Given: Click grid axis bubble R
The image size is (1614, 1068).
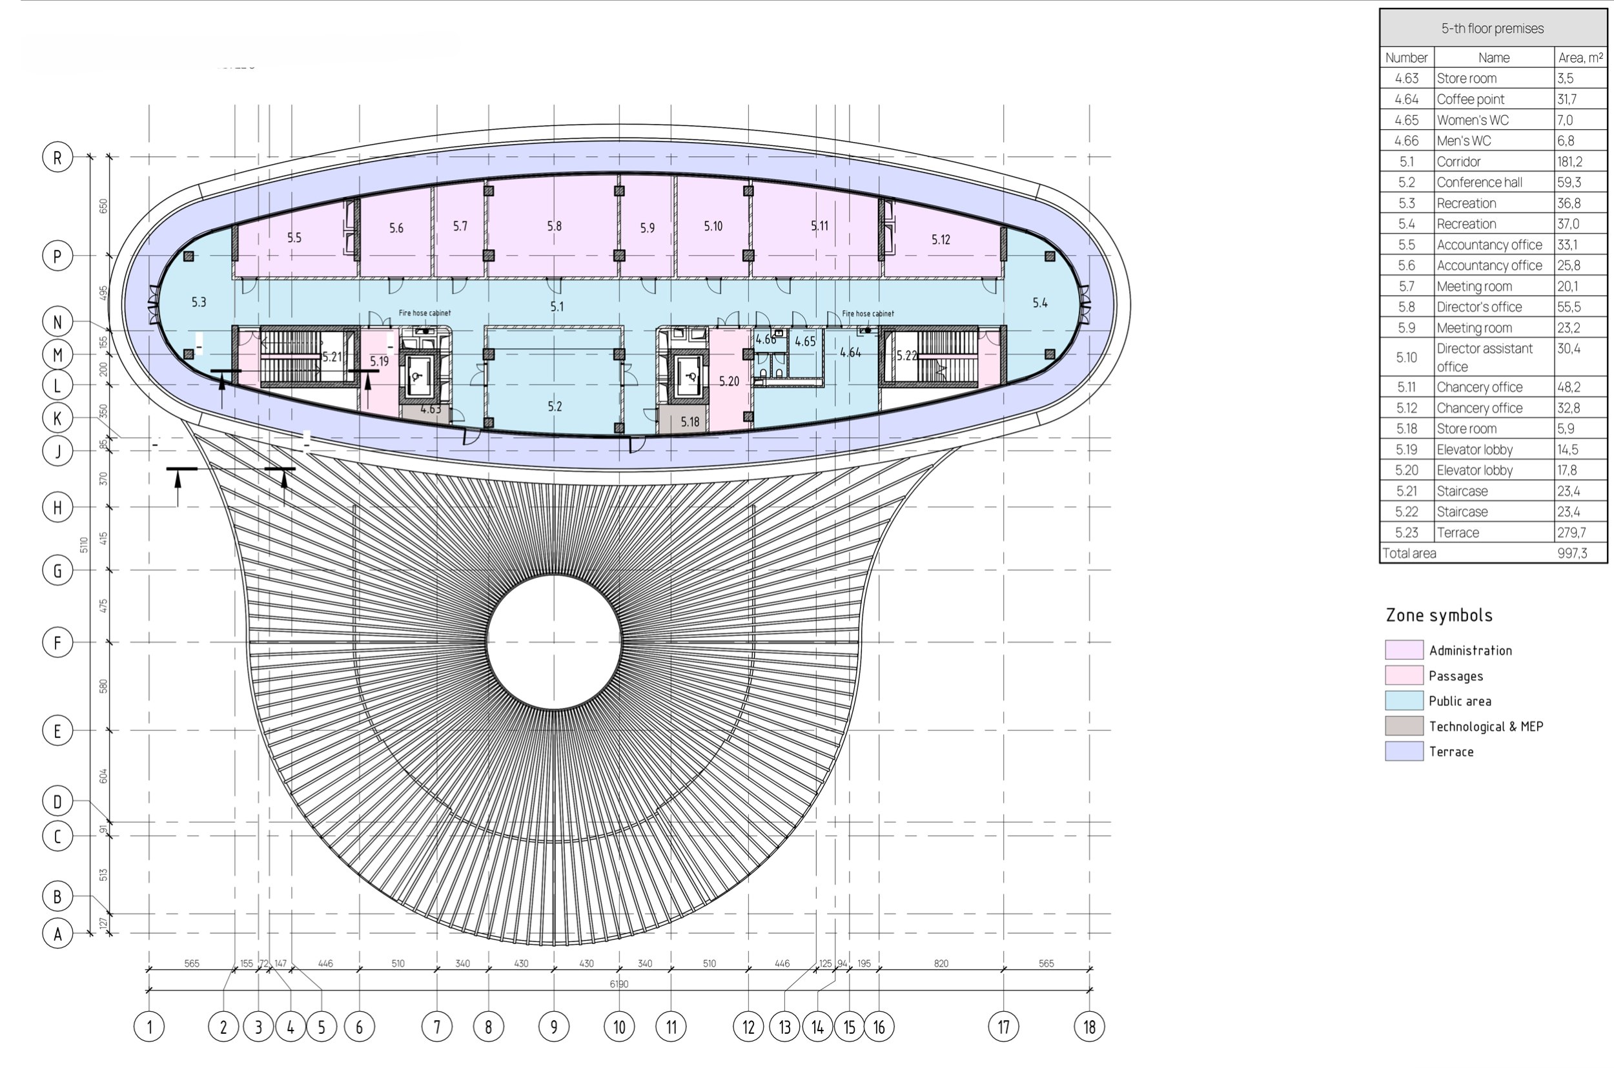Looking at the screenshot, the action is (57, 158).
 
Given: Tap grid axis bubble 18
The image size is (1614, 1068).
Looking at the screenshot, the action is (1089, 1027).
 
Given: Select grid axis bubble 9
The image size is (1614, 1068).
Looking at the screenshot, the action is (554, 1027).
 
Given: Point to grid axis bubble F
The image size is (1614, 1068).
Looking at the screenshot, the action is (57, 642).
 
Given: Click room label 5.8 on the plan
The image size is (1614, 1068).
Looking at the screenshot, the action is (555, 226).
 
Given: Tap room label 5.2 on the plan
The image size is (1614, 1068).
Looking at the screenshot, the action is (555, 407).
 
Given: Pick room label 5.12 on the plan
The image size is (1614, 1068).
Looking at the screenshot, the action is (941, 240).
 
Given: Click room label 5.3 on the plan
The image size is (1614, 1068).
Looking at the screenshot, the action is (199, 302).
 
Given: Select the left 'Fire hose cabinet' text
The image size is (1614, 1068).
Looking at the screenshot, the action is (424, 313).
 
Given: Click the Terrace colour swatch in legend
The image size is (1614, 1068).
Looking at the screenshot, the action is (1404, 751).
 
